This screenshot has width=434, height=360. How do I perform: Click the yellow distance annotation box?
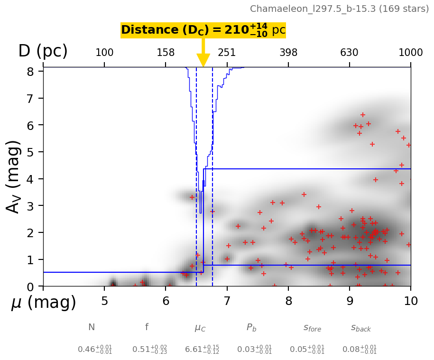pyautogui.click(x=203, y=30)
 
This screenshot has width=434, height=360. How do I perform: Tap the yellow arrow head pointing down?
pyautogui.click(x=203, y=60)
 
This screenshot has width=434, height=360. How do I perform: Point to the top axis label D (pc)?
pyautogui.click(x=43, y=51)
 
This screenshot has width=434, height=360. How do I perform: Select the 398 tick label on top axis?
pyautogui.click(x=288, y=53)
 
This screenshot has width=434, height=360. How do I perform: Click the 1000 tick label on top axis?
pyautogui.click(x=410, y=53)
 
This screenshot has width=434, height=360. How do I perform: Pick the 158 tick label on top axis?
pyautogui.click(x=166, y=53)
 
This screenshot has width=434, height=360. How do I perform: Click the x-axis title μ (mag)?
pyautogui.click(x=43, y=303)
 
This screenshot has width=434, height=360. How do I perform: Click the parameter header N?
pyautogui.click(x=92, y=327)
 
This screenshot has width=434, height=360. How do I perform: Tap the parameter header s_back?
pyautogui.click(x=360, y=328)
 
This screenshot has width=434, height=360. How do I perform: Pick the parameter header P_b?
pyautogui.click(x=251, y=327)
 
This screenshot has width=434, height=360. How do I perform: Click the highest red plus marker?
pyautogui.click(x=363, y=115)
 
